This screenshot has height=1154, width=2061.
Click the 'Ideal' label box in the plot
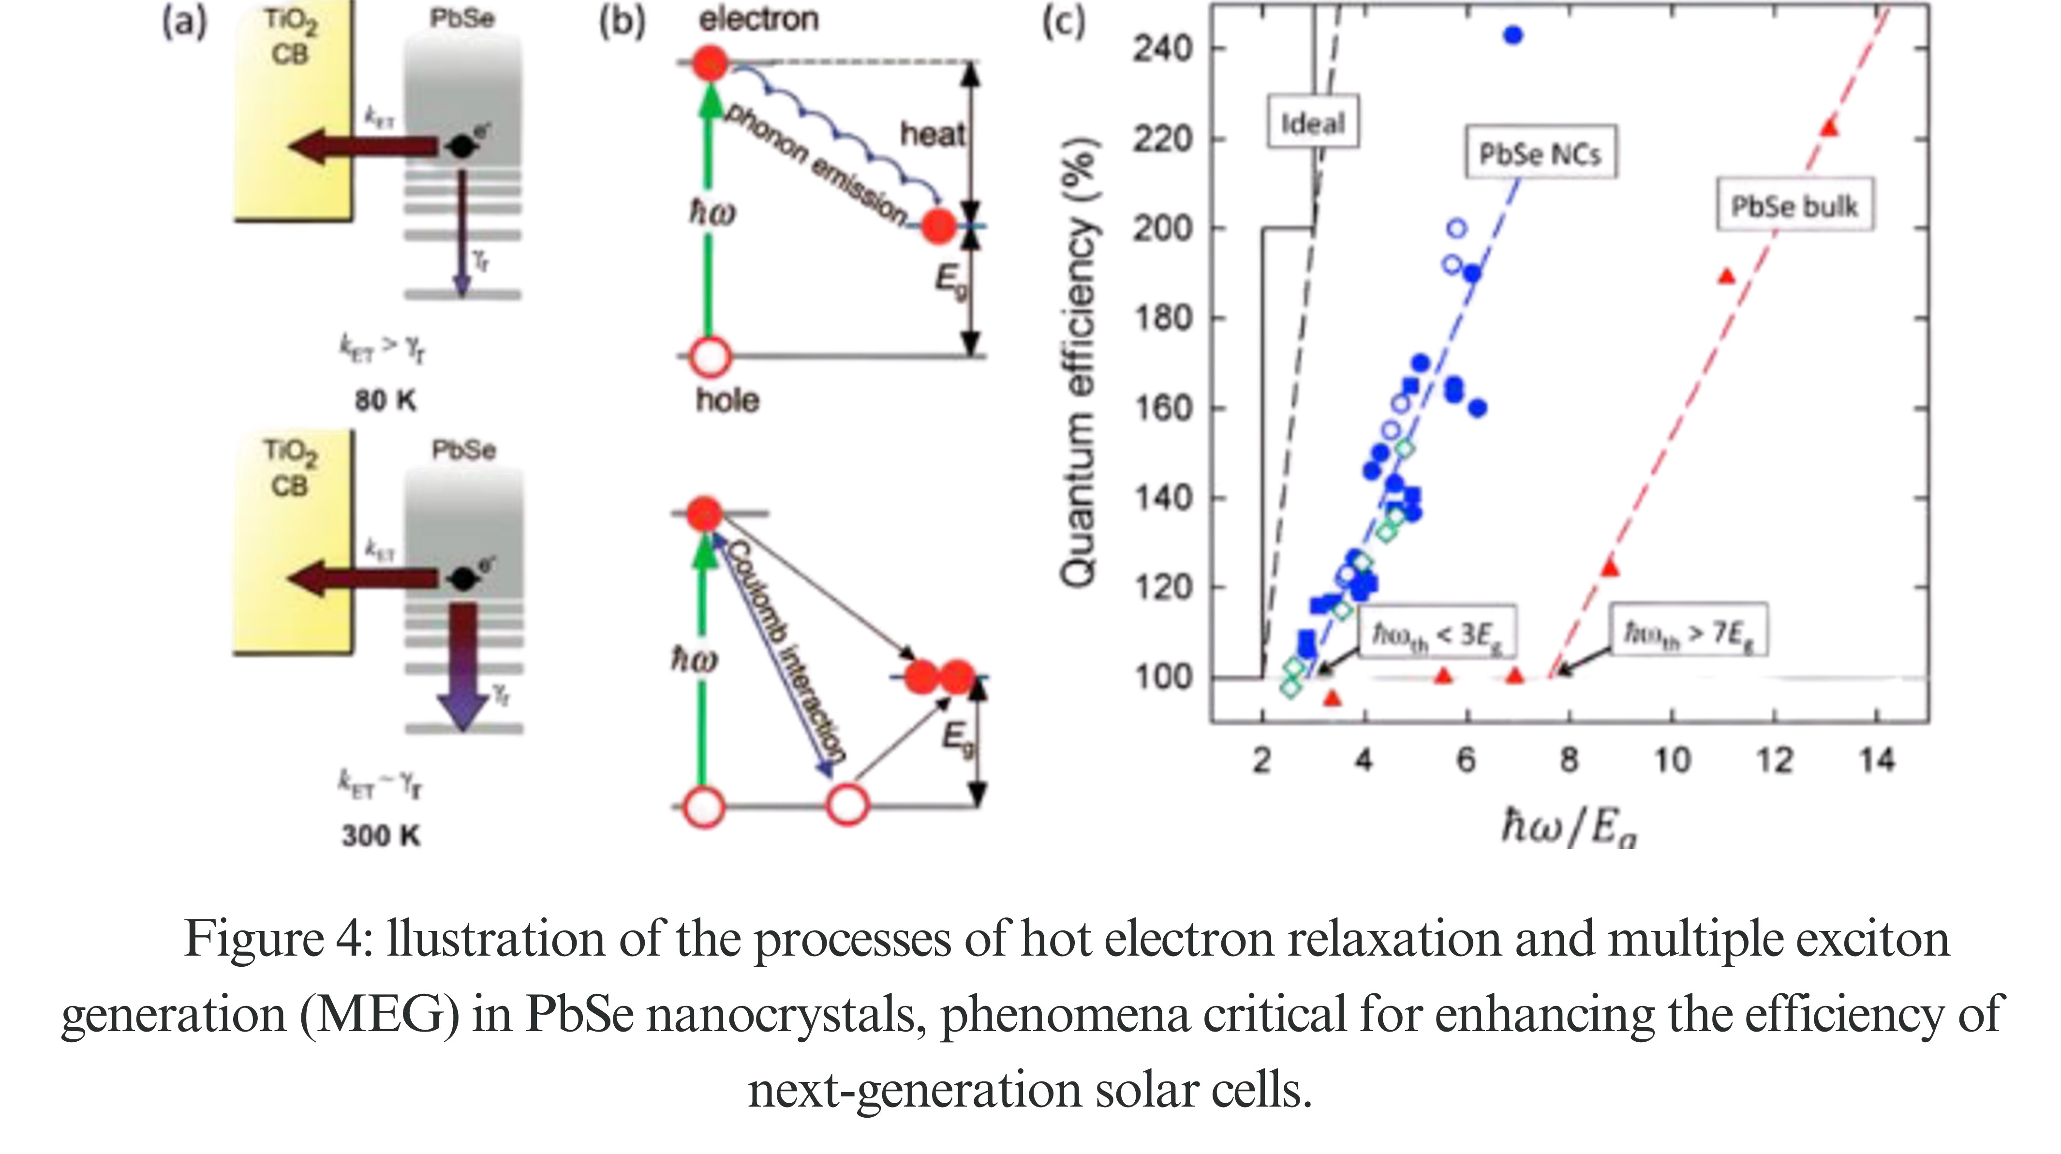coord(1312,122)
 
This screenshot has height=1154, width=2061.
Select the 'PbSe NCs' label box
coord(1540,152)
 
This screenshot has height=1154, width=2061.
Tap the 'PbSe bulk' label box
coord(1794,207)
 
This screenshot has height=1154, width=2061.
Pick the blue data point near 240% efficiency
coord(1512,35)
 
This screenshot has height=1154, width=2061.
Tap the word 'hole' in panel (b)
coord(727,399)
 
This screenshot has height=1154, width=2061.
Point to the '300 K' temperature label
coord(381,836)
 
